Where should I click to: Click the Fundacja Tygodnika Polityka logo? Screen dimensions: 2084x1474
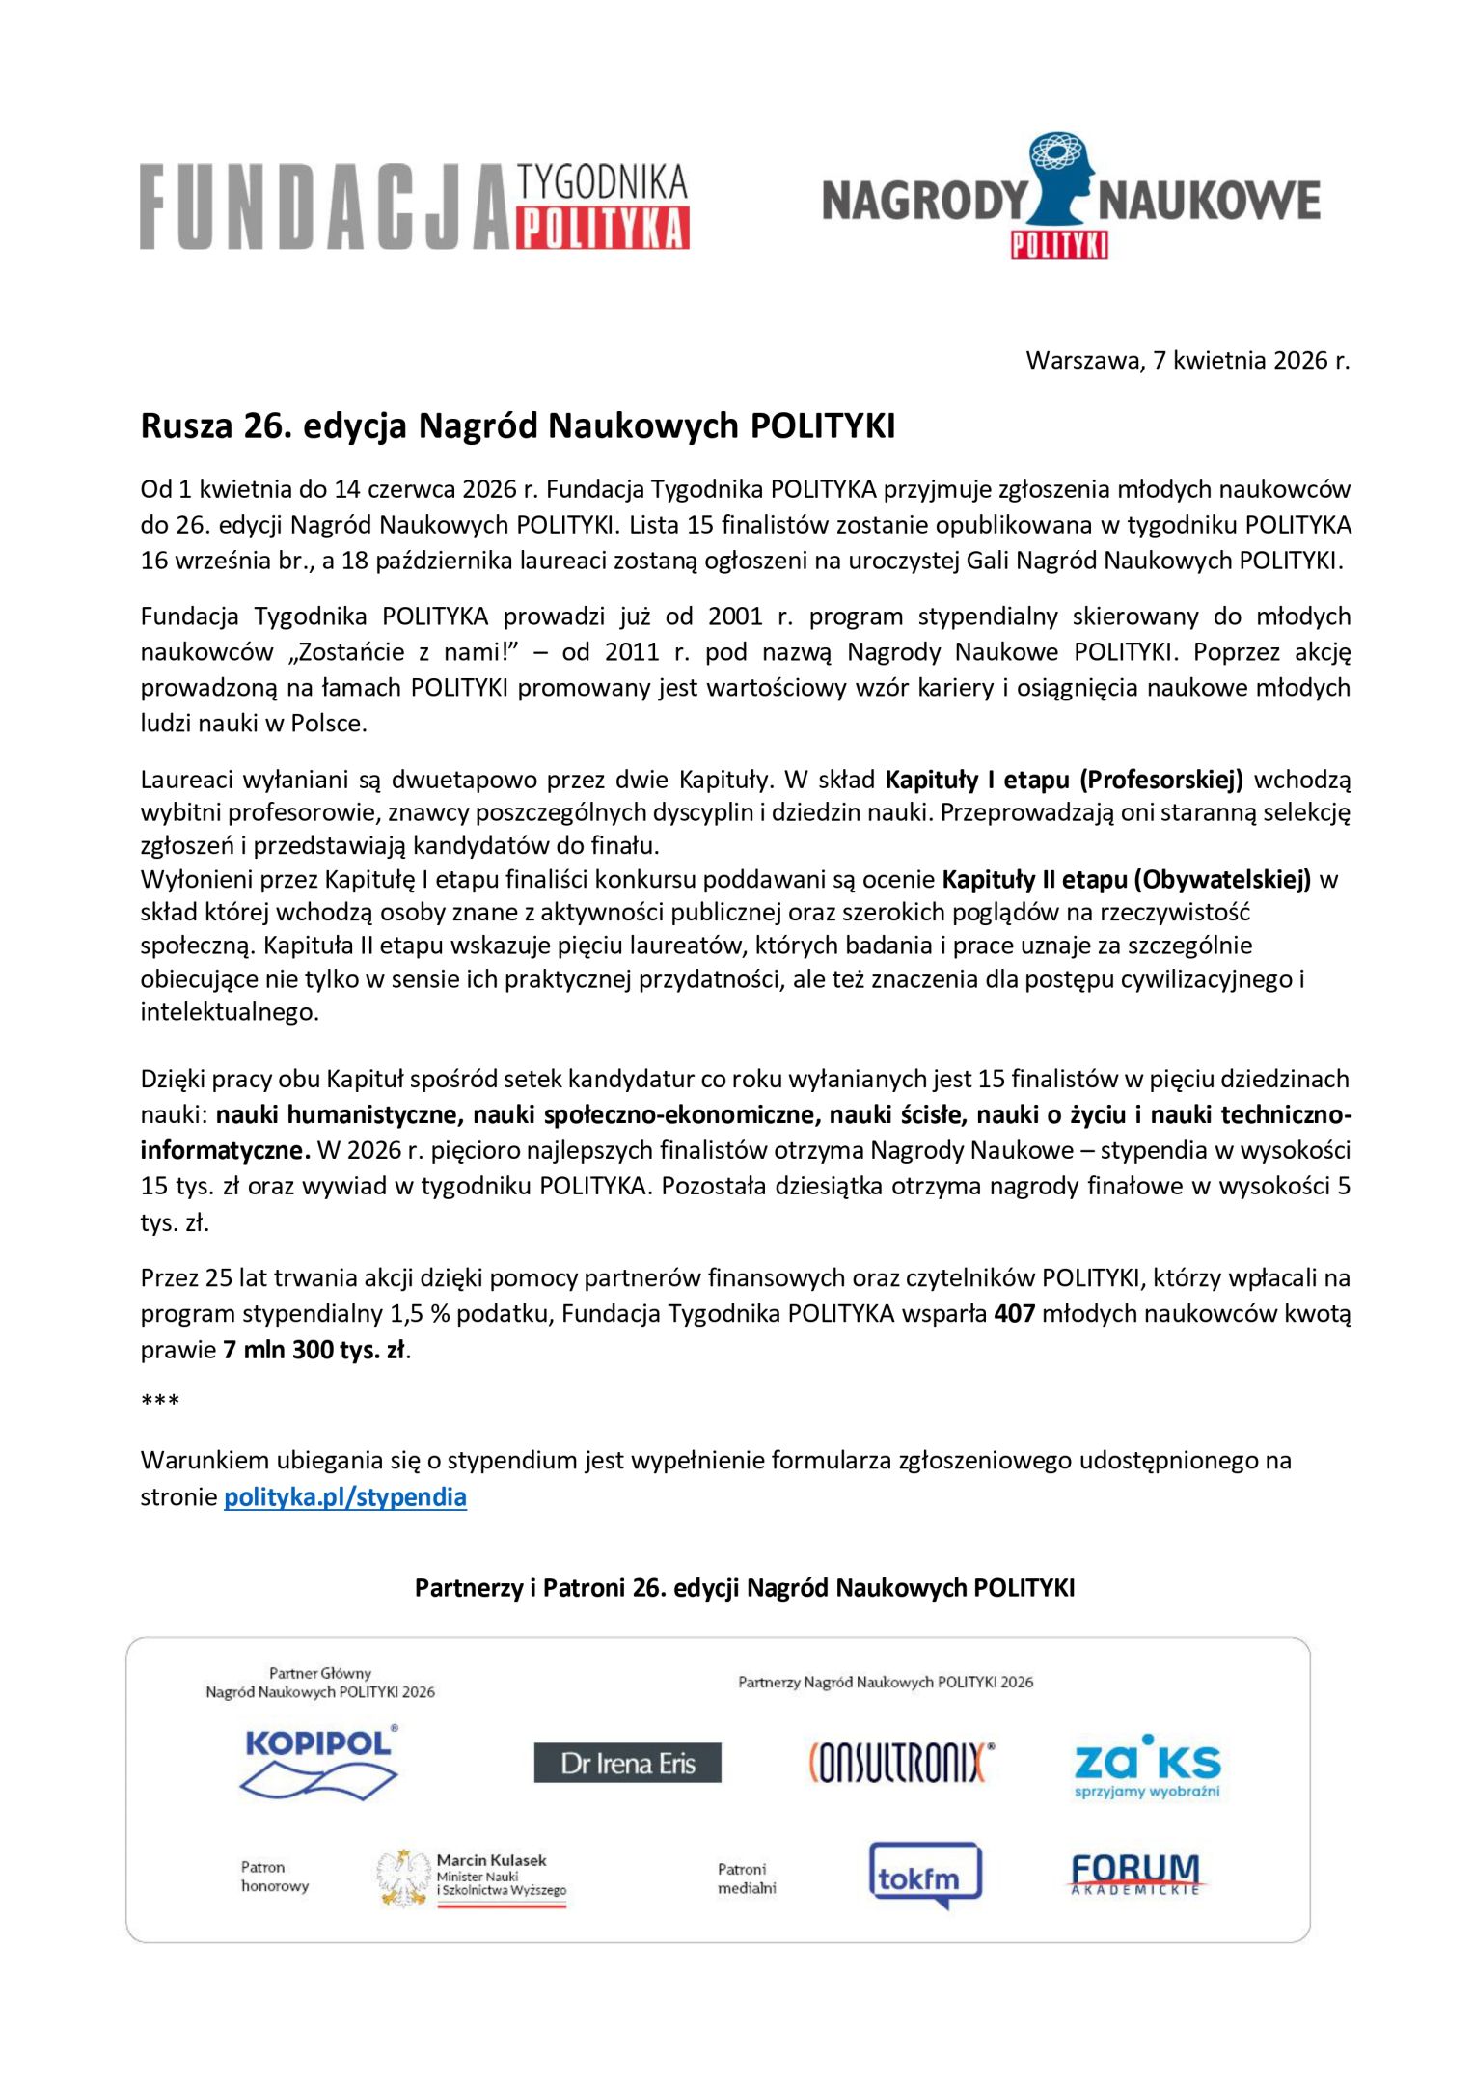[414, 206]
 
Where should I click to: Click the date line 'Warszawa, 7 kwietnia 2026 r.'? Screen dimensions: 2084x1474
[1187, 361]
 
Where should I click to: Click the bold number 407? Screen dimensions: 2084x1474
[1014, 1313]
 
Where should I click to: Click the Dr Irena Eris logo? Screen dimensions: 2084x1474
[627, 1763]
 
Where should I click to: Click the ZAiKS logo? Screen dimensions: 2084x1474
[1147, 1766]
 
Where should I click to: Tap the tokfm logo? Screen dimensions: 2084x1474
[925, 1876]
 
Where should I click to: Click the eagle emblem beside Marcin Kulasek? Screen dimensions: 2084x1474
[403, 1878]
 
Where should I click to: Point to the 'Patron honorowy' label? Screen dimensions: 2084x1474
[275, 1876]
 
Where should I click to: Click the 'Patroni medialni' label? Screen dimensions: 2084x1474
[746, 1878]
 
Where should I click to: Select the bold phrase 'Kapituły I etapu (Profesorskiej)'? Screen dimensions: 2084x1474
[1064, 779]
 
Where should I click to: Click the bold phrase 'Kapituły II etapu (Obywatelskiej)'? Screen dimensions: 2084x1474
[1126, 879]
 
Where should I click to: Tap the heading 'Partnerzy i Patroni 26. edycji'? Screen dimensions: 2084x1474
[744, 1587]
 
